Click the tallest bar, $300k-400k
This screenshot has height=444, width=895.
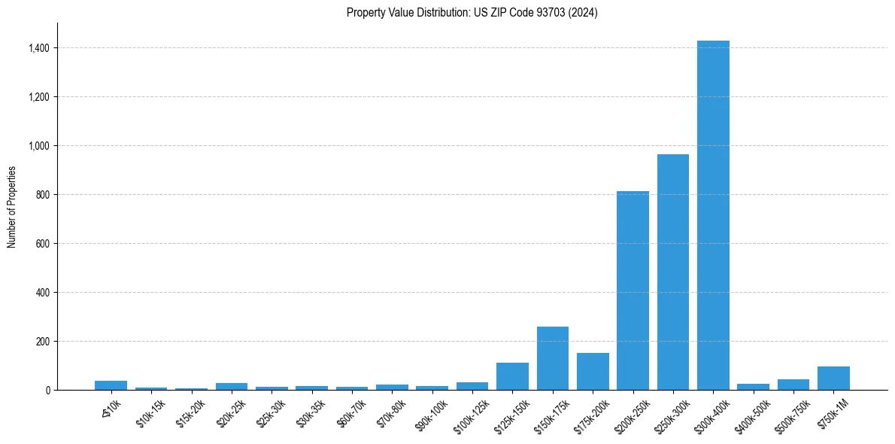point(713,215)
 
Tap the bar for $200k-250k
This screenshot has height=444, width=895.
point(633,290)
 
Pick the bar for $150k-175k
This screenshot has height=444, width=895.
point(553,358)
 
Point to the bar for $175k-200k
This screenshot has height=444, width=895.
point(593,372)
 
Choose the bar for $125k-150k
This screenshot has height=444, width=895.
point(512,376)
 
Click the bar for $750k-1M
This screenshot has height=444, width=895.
point(833,379)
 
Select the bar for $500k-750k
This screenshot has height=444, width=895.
point(793,385)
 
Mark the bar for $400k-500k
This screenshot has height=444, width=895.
point(753,387)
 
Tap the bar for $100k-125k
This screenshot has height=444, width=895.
point(472,386)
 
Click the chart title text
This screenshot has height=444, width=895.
point(472,13)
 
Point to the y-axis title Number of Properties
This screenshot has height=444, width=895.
point(12,207)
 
